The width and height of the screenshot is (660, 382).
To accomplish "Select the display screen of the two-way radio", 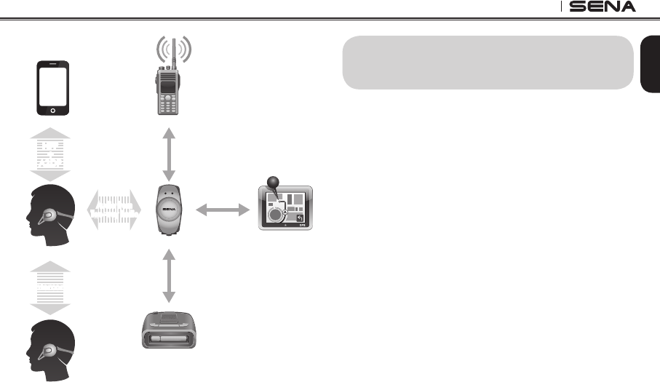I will point(168,87).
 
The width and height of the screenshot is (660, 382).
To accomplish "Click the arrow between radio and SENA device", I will point(169,154).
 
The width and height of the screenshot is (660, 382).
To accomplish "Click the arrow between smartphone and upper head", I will point(51,156).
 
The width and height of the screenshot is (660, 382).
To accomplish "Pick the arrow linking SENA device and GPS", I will point(222,210).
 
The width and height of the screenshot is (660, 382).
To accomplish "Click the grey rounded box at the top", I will point(485,62).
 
